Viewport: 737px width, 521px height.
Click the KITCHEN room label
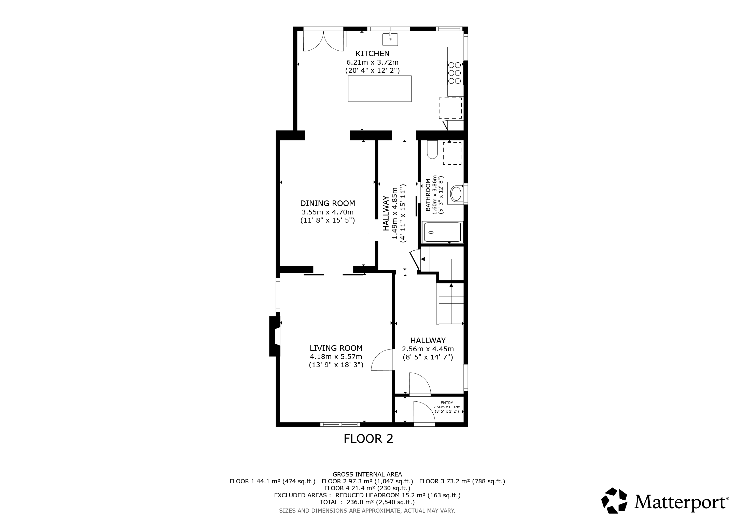[372, 54]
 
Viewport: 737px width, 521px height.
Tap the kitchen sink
[390, 39]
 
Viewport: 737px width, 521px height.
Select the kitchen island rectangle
[380, 89]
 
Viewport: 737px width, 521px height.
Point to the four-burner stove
[455, 73]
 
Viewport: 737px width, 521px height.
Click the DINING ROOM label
[328, 204]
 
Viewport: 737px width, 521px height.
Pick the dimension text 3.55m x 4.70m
[328, 212]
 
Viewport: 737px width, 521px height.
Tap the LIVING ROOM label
[336, 348]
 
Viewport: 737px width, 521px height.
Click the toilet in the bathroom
[432, 150]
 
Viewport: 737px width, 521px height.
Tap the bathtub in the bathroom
[444, 232]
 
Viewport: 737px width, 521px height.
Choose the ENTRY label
[447, 403]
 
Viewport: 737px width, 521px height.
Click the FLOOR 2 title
[368, 439]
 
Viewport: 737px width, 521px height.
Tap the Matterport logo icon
[614, 500]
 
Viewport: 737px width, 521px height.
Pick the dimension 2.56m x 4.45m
[428, 349]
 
